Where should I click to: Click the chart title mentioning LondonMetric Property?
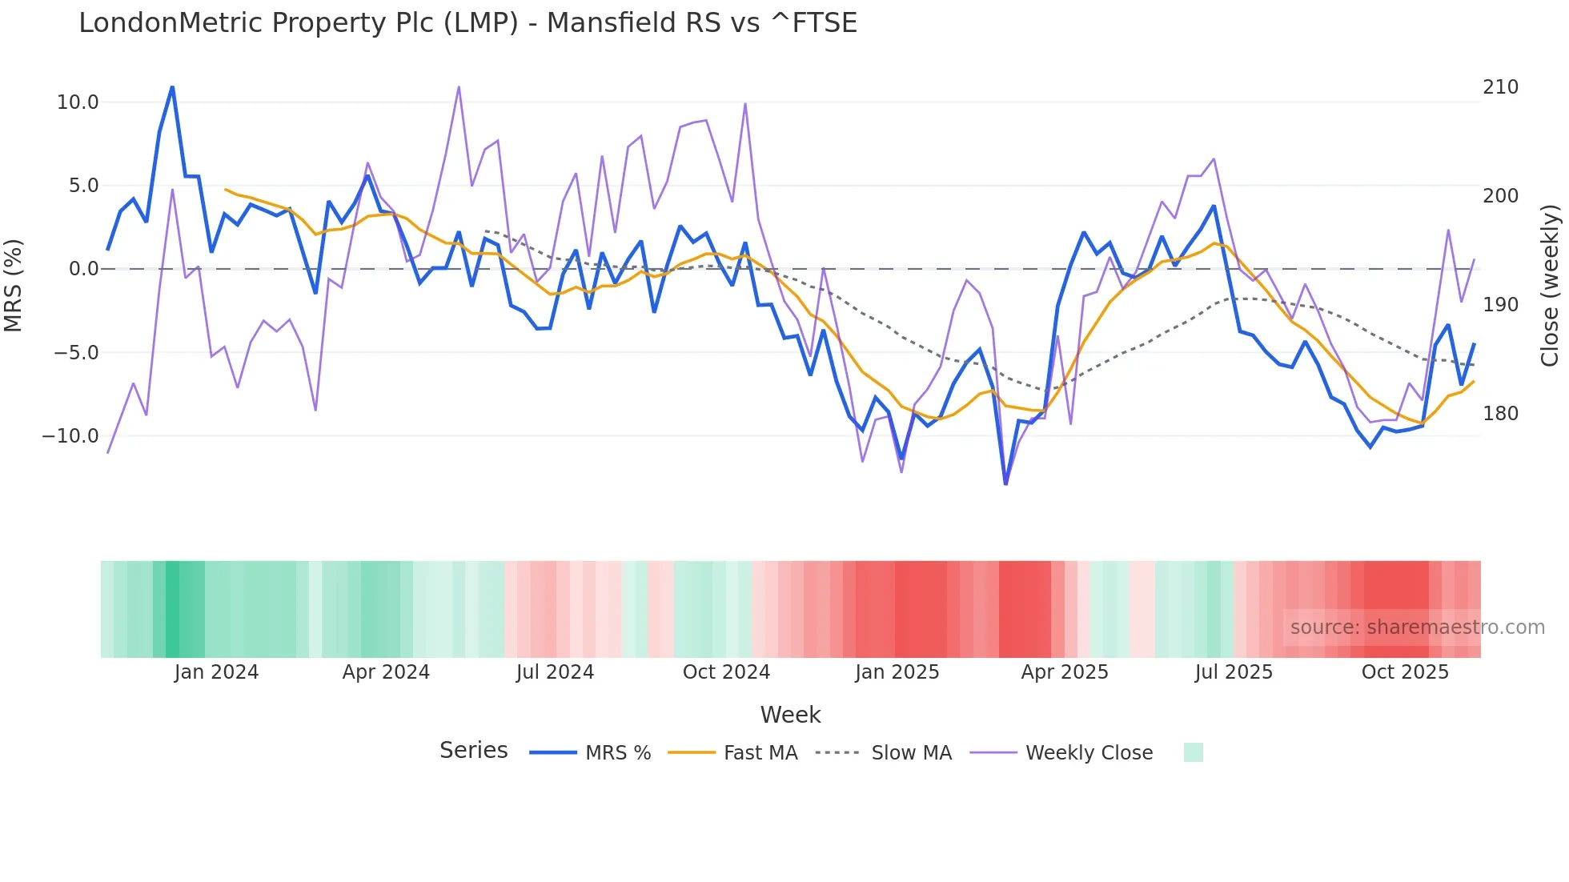pos(467,23)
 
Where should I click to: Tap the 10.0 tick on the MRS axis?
pos(78,102)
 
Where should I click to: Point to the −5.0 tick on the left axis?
pos(76,353)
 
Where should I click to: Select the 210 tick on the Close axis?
pos(1500,87)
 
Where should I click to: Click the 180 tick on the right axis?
pos(1500,414)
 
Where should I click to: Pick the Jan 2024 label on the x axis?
pos(216,672)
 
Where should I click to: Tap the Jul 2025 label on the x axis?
pos(1234,672)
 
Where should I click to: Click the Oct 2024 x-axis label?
pos(726,672)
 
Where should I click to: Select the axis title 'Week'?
pos(790,715)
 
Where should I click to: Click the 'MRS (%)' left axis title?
pos(14,285)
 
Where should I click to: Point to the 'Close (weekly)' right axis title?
pos(1550,285)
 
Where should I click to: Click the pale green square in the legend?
pos(1193,752)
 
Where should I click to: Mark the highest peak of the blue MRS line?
pos(172,87)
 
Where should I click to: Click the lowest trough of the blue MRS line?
pos(1005,483)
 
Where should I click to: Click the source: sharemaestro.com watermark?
pos(1417,627)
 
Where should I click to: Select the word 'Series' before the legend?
pos(473,751)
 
